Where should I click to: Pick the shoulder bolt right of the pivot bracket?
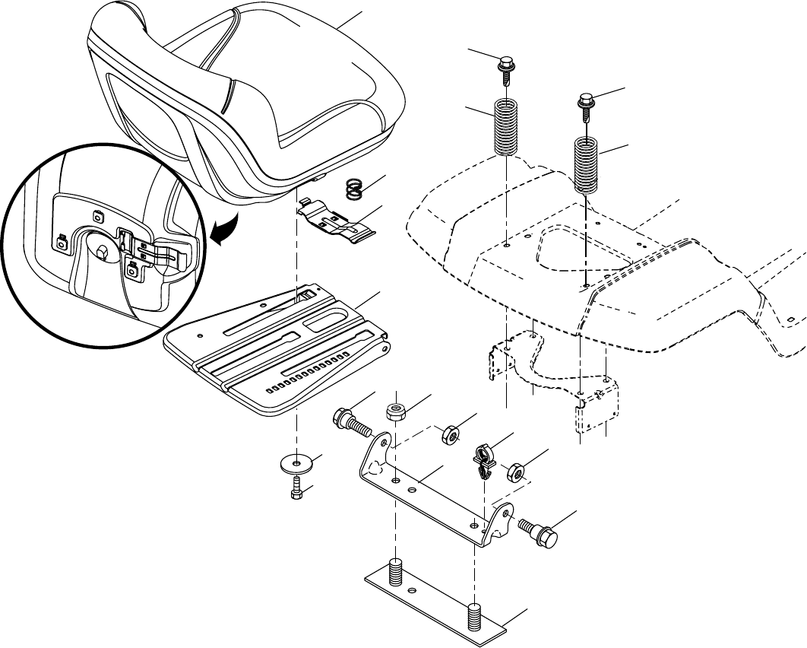coord(539,530)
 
